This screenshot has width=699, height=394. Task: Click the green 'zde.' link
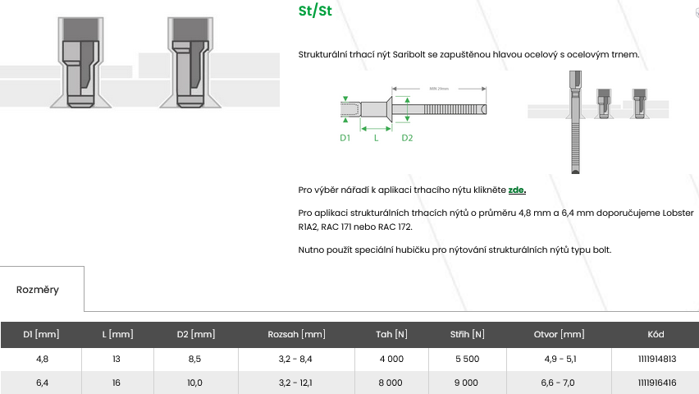517,190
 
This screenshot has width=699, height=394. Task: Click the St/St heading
315,11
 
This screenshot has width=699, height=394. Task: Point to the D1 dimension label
345,138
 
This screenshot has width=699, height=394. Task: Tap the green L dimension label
377,138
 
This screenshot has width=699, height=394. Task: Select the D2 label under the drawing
407,138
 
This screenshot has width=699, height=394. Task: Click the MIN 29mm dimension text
439,89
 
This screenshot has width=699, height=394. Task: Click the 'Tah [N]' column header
391,334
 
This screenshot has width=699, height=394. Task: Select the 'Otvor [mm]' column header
559,334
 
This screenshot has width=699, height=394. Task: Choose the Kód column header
656,334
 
